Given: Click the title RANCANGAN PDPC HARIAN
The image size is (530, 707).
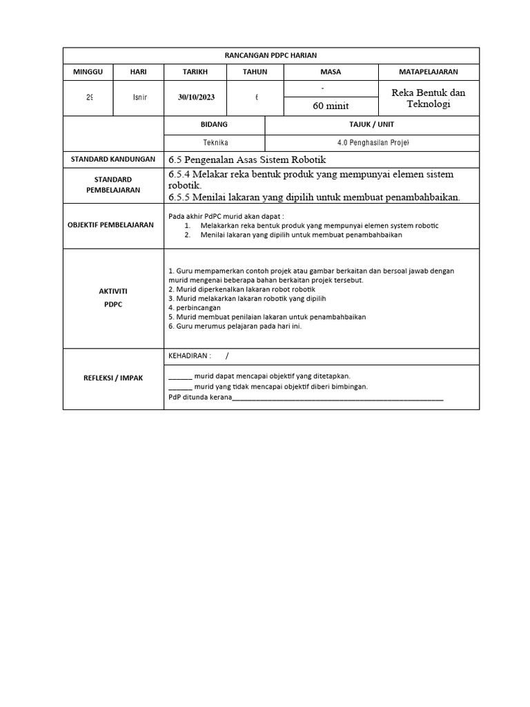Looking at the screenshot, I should click(271, 55).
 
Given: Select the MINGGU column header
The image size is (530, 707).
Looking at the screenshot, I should click(88, 72).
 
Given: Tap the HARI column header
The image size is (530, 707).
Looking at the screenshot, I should click(139, 72).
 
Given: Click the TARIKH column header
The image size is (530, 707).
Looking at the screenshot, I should click(195, 72).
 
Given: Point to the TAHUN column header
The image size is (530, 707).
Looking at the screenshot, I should click(255, 72).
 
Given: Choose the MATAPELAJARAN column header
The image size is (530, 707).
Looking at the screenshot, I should click(429, 72).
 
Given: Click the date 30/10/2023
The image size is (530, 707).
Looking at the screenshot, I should click(195, 97).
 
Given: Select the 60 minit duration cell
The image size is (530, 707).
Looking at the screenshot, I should click(331, 106).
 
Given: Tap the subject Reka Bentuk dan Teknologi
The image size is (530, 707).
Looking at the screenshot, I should click(429, 97).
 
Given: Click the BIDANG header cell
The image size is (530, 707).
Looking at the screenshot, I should click(214, 124).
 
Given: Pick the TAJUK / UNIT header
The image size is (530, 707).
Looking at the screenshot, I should click(372, 124).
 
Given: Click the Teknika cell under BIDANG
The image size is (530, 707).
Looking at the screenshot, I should click(214, 142).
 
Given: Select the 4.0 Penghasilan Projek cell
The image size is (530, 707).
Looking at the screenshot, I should click(372, 142).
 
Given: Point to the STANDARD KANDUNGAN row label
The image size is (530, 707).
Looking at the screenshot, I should click(113, 159).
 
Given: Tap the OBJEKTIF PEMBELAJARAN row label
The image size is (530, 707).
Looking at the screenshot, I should click(113, 225).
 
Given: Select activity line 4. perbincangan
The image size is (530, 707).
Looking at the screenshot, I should click(195, 308).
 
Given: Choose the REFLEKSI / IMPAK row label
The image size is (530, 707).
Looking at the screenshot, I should click(113, 378).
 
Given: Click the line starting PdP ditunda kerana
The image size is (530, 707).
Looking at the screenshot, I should click(306, 398).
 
